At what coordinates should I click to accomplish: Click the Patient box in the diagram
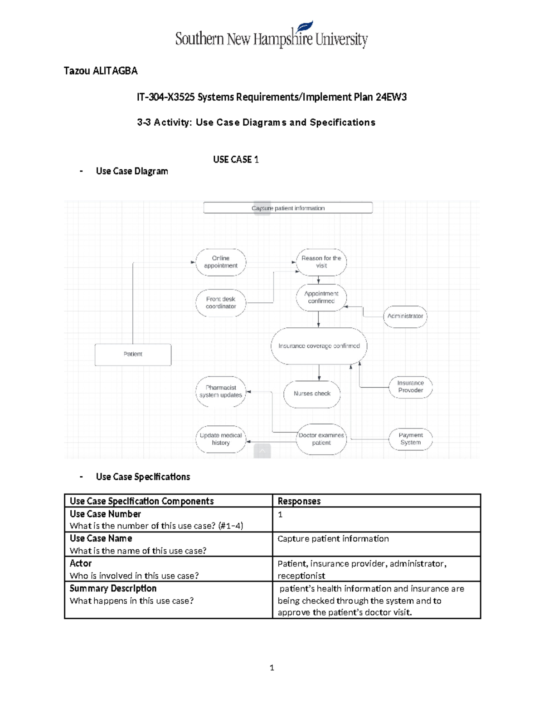point(133,354)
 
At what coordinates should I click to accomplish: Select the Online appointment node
point(221,262)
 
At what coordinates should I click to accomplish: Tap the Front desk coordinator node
point(221,303)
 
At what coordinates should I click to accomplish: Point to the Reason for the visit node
point(321,262)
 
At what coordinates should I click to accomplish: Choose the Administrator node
point(405,316)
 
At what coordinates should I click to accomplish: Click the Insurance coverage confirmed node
point(319,346)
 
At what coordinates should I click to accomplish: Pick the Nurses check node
point(312,394)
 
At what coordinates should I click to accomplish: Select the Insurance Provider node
point(411,387)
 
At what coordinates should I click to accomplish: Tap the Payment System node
point(411,439)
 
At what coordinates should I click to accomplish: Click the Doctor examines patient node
point(321,439)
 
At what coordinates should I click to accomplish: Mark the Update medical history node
point(221,439)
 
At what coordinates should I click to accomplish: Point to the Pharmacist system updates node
point(221,391)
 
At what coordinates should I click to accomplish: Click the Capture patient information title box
point(288,208)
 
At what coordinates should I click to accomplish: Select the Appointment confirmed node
point(321,297)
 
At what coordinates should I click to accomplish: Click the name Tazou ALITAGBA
point(101,71)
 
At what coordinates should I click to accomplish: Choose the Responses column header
point(299,501)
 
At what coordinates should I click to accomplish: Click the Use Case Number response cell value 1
point(280,514)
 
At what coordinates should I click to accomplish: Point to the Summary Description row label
point(113,588)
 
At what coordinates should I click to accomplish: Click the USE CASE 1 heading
point(236,159)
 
